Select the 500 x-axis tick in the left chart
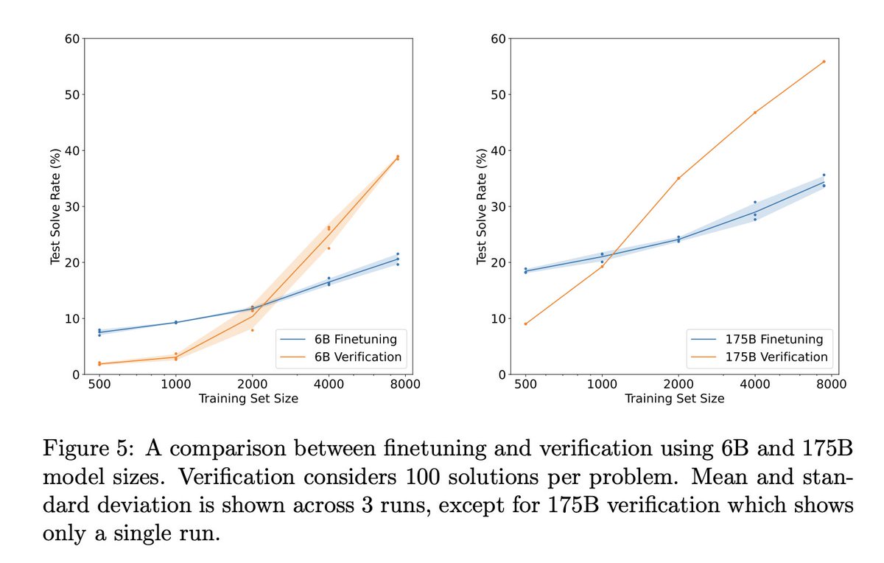point(99,384)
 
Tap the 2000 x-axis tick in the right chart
point(678,384)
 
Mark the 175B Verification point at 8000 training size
point(824,62)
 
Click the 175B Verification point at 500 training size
point(525,324)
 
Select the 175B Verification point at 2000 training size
point(678,178)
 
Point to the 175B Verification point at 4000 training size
point(754,113)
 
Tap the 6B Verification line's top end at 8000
point(398,158)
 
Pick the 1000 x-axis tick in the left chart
point(175,384)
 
